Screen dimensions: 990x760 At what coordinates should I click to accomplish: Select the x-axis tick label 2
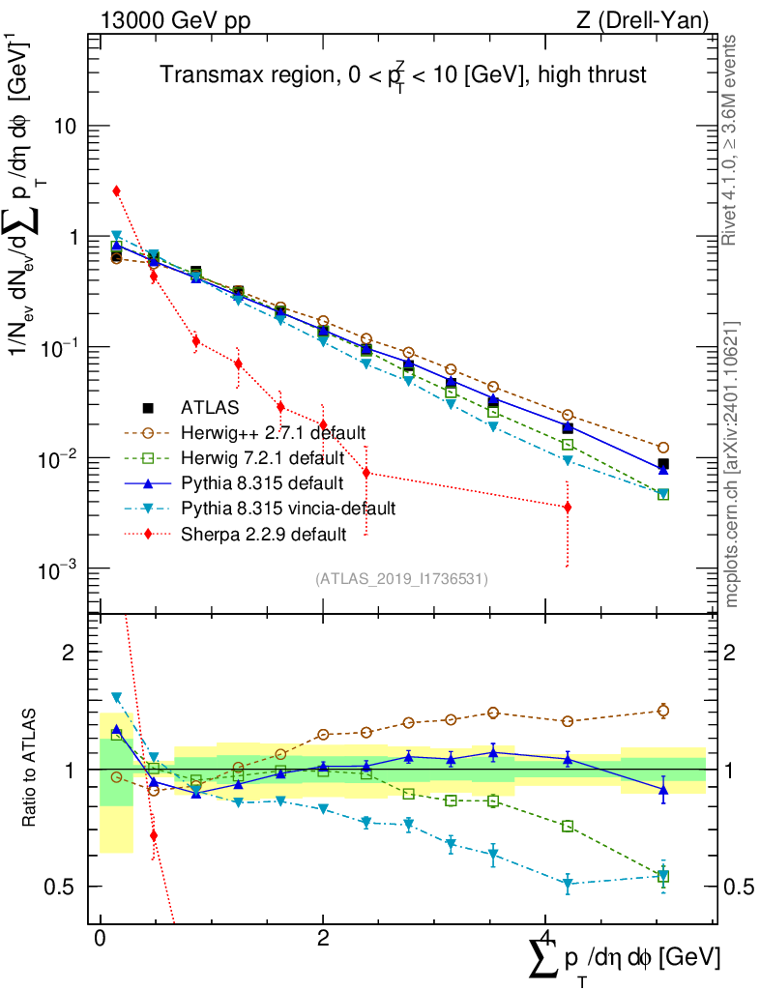click(323, 939)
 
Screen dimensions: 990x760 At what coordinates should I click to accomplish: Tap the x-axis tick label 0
click(101, 939)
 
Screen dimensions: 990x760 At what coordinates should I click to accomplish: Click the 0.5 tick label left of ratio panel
click(60, 887)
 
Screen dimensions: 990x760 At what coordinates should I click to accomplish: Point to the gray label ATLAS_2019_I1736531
click(401, 579)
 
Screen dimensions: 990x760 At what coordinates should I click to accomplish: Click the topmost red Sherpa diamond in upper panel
click(116, 191)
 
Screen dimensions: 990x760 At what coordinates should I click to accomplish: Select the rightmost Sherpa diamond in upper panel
click(568, 507)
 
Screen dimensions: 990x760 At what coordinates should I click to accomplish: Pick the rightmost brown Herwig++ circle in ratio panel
click(663, 711)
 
